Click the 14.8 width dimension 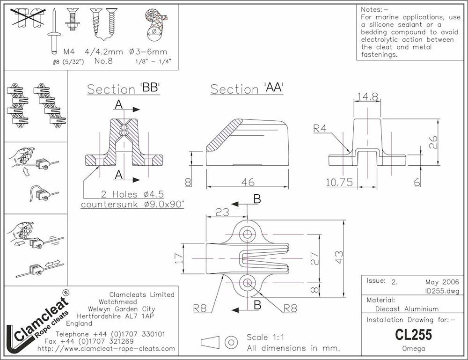coord(367,96)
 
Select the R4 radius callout coord(320,128)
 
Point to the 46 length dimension coord(248,182)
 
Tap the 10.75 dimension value coord(339,182)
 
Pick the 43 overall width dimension coord(339,257)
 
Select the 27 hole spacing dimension coord(315,258)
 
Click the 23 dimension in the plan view coord(222,212)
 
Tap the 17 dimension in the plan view coord(178,258)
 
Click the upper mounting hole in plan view coord(248,234)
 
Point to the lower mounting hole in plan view coord(248,282)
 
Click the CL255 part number coord(413,335)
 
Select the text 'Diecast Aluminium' coord(407,309)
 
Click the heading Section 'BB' coord(124,88)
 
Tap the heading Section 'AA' coord(247,88)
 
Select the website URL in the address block coord(106,349)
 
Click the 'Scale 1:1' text coord(265,338)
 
